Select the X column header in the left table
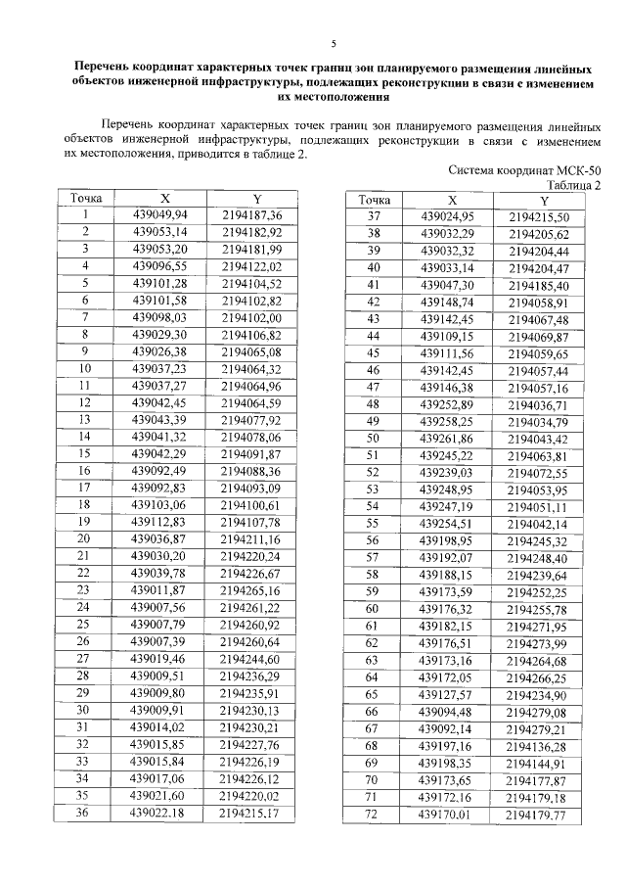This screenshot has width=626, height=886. (165, 199)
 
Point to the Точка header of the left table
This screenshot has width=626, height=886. (86, 199)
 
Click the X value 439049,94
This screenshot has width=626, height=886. (165, 215)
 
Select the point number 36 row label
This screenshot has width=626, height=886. (86, 812)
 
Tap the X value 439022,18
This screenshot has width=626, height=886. (165, 812)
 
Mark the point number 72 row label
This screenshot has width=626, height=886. (373, 815)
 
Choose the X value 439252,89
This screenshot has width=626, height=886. (446, 404)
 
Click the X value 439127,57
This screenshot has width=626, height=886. (446, 694)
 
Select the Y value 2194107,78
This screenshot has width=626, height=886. (251, 522)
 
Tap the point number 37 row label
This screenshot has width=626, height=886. (373, 216)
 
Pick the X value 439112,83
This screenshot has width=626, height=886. (165, 522)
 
